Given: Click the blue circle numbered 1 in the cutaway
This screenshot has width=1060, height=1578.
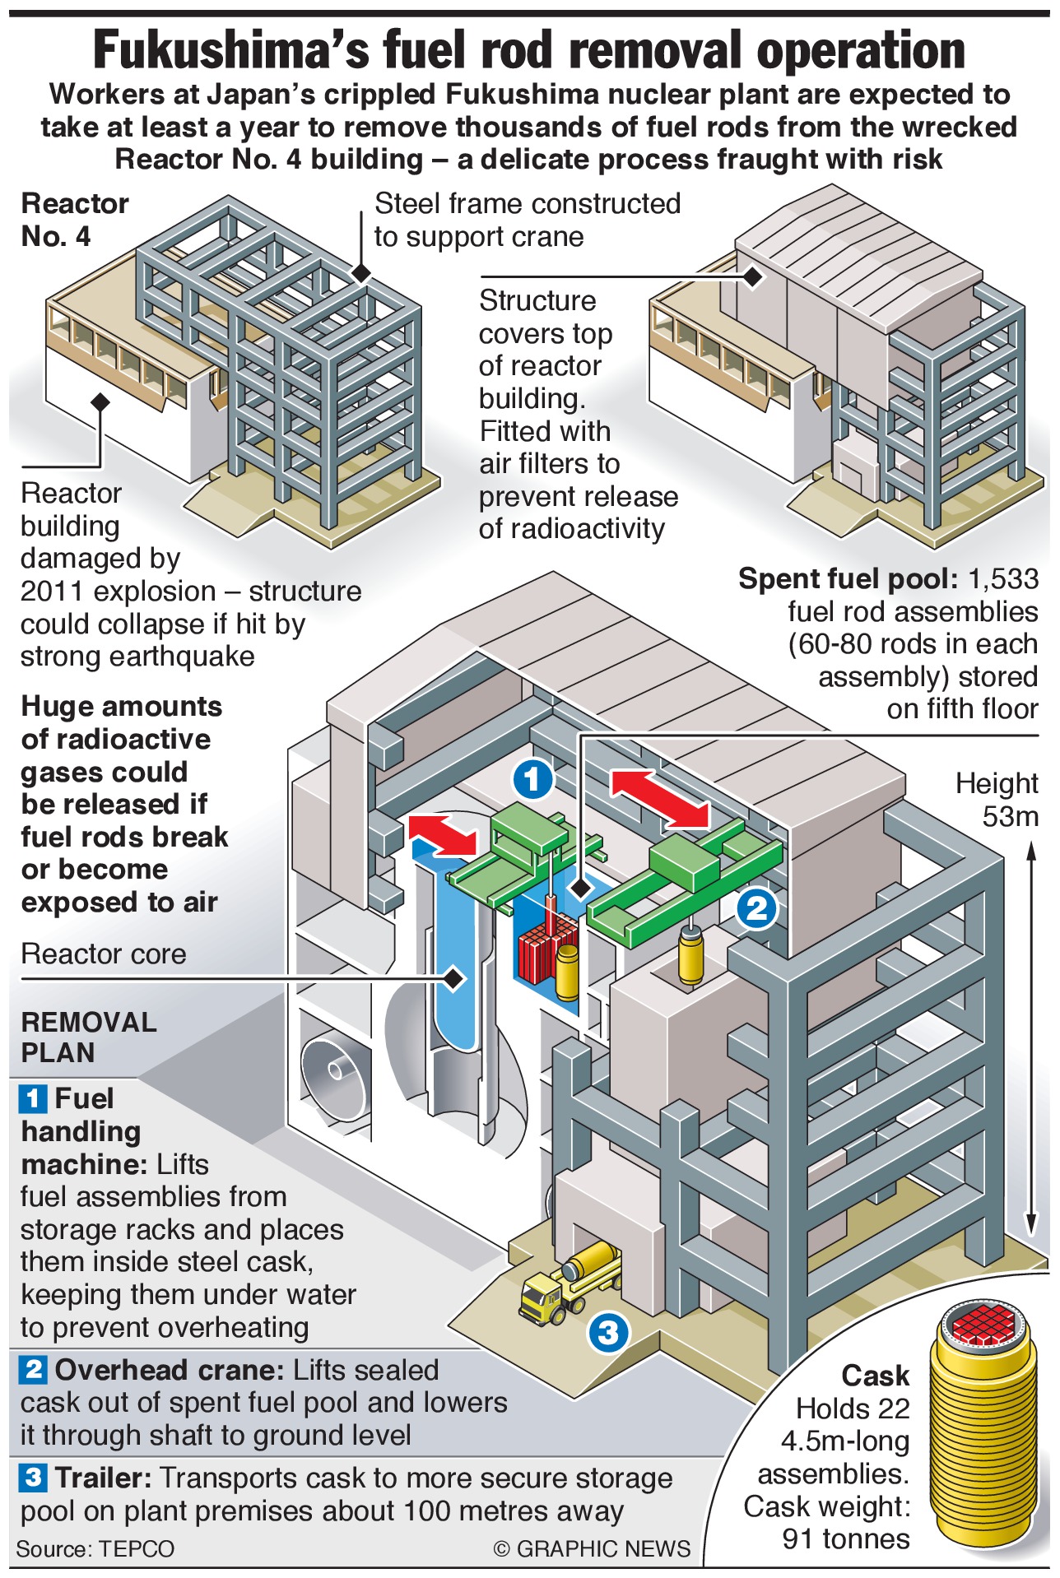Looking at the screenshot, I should click(532, 777).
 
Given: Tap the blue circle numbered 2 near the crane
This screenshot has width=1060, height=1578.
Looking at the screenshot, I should click(756, 907).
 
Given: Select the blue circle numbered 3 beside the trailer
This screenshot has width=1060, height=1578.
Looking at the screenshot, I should click(608, 1331).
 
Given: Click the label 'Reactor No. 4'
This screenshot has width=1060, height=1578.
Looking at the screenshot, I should click(74, 220).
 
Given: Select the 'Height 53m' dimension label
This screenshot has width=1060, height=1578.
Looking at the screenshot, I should click(997, 799).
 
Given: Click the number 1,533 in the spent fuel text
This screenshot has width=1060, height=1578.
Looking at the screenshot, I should click(1003, 578).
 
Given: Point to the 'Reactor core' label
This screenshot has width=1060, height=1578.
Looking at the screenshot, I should click(104, 954).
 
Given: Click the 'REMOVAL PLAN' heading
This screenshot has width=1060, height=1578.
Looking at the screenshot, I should click(89, 1037).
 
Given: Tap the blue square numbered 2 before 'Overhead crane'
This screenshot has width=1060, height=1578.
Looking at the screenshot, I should click(34, 1370).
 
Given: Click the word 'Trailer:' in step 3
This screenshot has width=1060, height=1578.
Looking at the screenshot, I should click(104, 1478).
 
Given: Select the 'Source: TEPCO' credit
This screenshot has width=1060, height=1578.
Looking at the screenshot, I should click(95, 1549).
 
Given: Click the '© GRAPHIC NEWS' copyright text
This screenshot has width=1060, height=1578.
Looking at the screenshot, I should click(592, 1549).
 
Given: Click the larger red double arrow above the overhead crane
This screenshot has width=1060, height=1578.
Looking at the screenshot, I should click(659, 797).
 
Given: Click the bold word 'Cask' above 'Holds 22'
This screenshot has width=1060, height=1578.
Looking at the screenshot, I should click(875, 1375).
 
